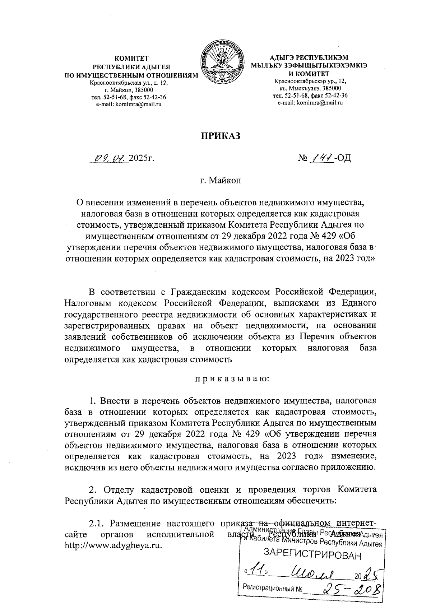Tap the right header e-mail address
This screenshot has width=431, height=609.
(x=310, y=103)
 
